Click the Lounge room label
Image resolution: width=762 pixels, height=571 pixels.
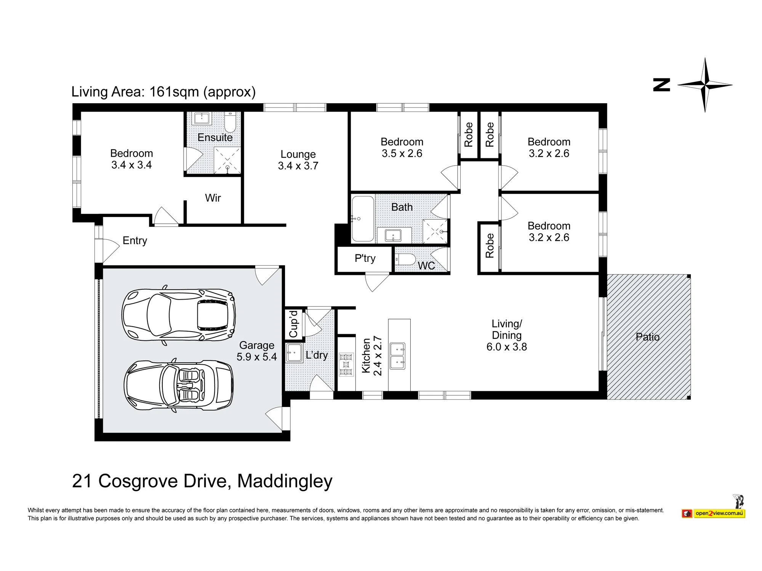298,154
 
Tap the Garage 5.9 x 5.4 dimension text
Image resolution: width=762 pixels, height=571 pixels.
256,357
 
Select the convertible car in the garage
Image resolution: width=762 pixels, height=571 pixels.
179,385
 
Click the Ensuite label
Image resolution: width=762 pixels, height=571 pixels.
215,137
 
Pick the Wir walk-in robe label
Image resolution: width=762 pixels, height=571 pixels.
213,198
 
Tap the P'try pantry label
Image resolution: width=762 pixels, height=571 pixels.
365,258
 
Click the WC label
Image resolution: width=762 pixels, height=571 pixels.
426,266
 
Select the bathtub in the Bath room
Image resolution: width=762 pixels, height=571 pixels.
363,219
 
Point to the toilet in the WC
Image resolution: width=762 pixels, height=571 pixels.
405,260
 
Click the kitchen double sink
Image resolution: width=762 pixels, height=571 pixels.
397,356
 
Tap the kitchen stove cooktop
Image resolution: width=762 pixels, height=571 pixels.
346,364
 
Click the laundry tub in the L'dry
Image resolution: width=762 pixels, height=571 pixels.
294,353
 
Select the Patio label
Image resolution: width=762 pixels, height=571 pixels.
648,337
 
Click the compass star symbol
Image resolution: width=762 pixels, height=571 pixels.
705,85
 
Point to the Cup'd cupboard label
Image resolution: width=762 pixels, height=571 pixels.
293,324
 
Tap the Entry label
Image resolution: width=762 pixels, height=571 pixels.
135,241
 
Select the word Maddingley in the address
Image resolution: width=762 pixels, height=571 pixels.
285,481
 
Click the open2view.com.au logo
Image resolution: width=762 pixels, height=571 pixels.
714,513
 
